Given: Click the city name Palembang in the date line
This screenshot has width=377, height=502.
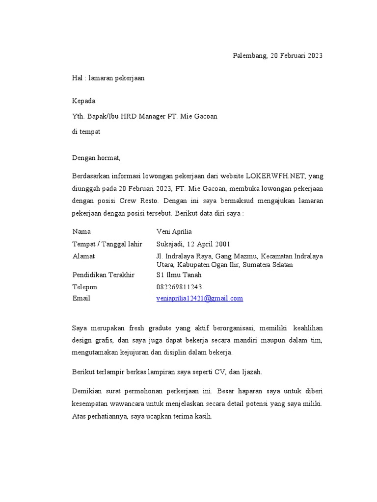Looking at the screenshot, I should pyautogui.click(x=249, y=56).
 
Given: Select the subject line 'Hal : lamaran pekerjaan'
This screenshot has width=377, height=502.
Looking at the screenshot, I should pyautogui.click(x=108, y=78).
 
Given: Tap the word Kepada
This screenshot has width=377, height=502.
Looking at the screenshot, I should pyautogui.click(x=84, y=101).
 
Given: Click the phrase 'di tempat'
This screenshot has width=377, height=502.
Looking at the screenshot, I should pyautogui.click(x=86, y=132).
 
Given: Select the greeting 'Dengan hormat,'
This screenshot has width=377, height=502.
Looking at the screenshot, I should pyautogui.click(x=96, y=158).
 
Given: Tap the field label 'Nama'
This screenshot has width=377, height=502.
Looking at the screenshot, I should pyautogui.click(x=81, y=231).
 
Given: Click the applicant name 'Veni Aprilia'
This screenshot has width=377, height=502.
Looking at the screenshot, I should pyautogui.click(x=174, y=231).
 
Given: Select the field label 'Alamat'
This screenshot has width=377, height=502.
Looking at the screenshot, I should pyautogui.click(x=84, y=256).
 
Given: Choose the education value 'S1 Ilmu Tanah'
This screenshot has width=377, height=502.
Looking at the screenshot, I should pyautogui.click(x=179, y=275).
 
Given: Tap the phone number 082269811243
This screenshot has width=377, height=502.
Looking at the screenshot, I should pyautogui.click(x=179, y=287).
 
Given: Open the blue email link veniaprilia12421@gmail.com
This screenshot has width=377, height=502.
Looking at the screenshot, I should pyautogui.click(x=200, y=299).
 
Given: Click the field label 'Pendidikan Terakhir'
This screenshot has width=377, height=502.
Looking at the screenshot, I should pyautogui.click(x=104, y=275).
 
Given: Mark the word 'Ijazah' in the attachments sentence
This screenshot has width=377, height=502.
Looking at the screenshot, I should pyautogui.click(x=252, y=372).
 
